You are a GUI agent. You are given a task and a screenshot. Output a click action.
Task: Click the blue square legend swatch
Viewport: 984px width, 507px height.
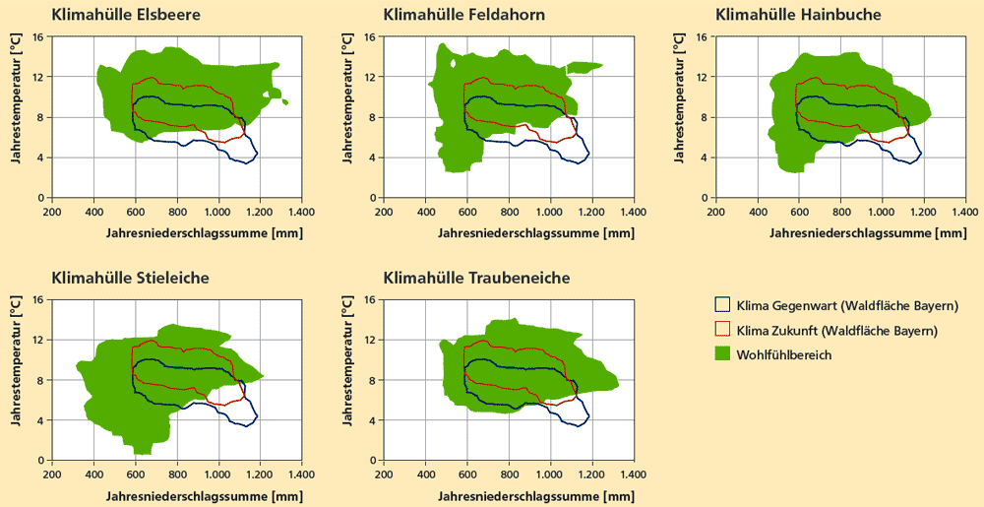pos(723,306)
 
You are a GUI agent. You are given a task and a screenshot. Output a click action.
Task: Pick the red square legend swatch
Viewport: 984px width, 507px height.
pos(723,330)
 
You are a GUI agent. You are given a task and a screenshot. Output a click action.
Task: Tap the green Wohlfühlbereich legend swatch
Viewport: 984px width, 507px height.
pos(723,353)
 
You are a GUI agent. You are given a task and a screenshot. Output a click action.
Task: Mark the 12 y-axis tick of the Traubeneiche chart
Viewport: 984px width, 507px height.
pos(370,341)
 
